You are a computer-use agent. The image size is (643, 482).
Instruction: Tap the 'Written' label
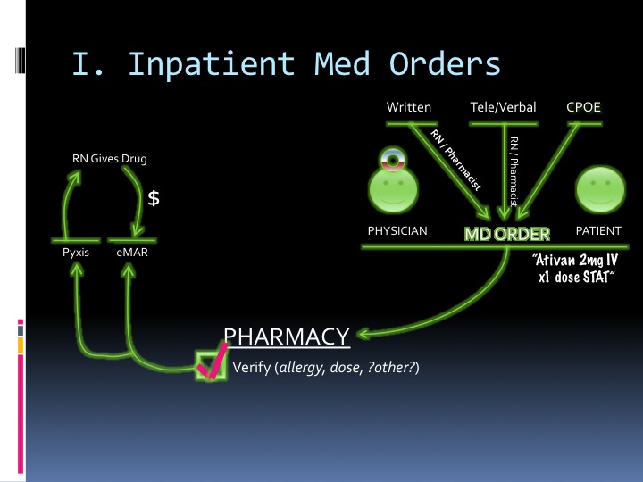coord(409,107)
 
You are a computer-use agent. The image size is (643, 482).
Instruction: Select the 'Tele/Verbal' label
coord(503,107)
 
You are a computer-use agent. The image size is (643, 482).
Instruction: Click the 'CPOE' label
coord(584,107)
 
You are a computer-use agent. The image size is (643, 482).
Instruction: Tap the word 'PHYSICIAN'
coord(397,231)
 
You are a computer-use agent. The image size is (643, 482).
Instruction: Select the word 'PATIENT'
coord(598,231)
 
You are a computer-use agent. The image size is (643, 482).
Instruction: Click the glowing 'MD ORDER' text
coord(507,234)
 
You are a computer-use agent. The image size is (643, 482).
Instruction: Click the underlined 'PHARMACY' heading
coord(286,337)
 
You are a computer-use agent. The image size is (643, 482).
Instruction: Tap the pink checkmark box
coord(212,364)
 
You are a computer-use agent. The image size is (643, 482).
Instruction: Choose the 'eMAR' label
coord(132,253)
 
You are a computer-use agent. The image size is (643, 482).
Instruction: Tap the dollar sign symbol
coord(154,199)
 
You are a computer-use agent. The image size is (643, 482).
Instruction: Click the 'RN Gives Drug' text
coord(109,159)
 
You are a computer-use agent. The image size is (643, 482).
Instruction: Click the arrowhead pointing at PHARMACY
coord(364,336)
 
